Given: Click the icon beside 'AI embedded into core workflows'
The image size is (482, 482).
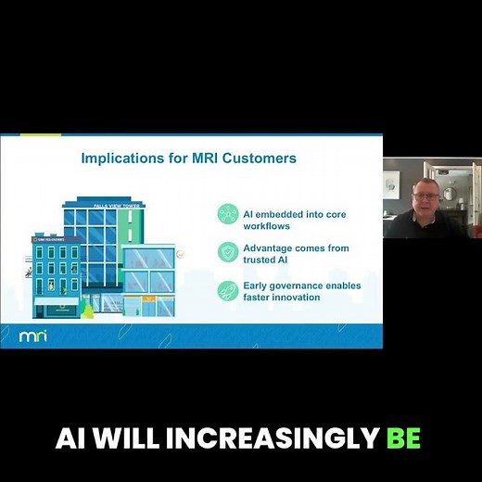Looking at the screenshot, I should (227, 213).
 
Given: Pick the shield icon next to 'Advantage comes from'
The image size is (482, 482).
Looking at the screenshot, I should (227, 252).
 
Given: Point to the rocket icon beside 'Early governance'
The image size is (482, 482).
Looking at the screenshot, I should (227, 291).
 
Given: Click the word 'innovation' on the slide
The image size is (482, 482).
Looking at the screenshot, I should (292, 298).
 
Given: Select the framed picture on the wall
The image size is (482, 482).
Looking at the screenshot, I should (391, 183).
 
